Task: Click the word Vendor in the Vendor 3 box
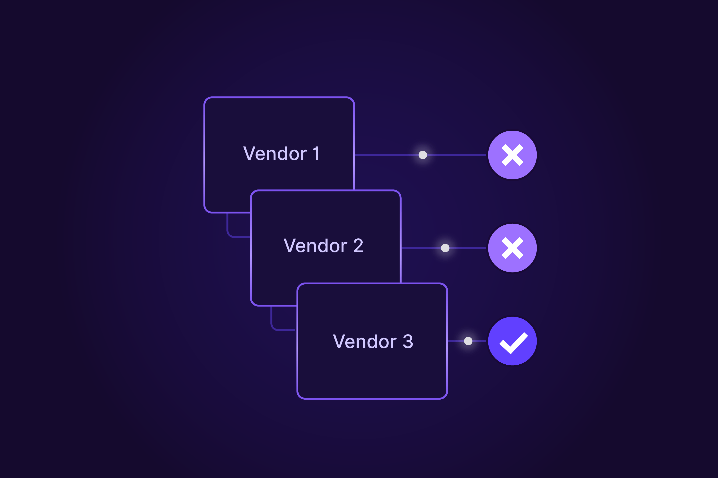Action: coord(364,342)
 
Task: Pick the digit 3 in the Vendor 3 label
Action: coord(408,342)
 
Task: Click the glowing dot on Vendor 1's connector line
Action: coord(423,155)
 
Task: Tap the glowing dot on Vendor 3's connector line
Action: coord(468,341)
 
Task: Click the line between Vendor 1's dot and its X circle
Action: coord(456,155)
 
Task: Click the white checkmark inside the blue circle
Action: coord(514,343)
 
